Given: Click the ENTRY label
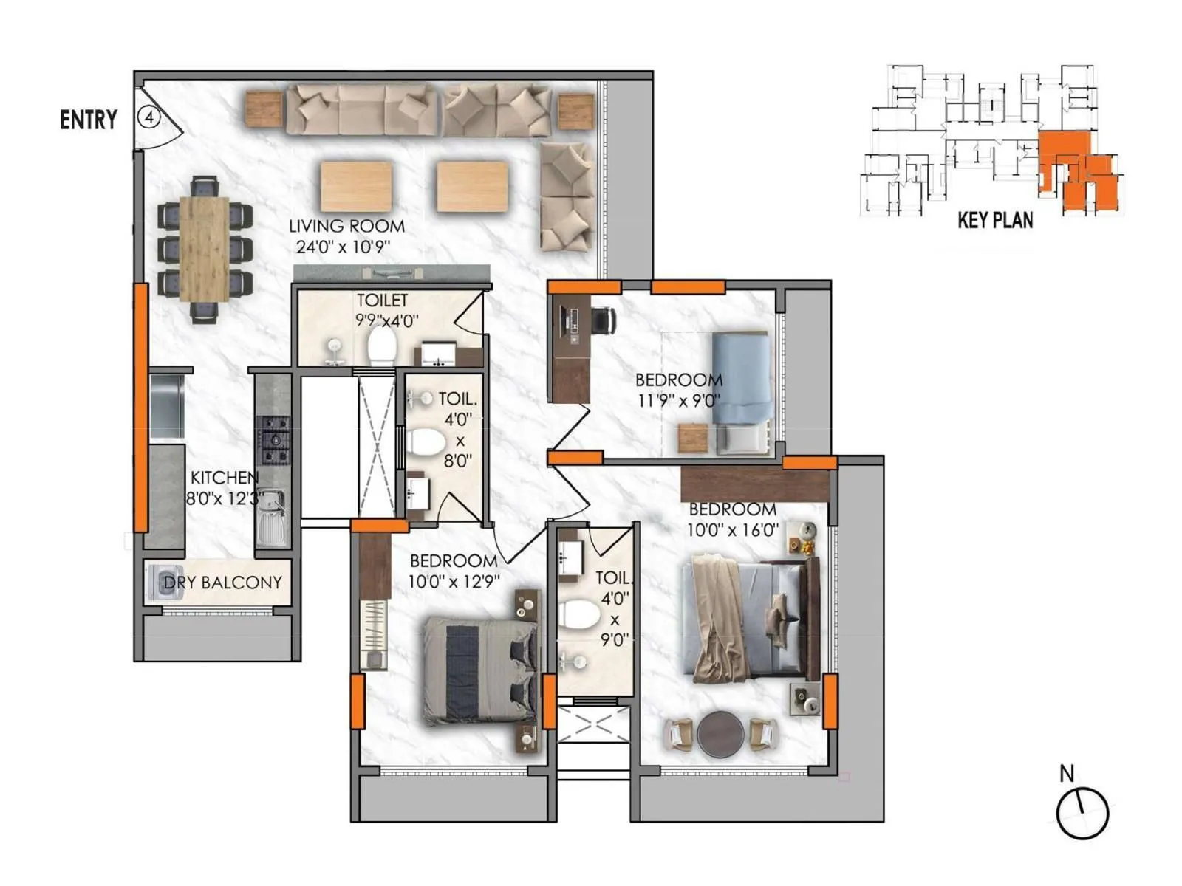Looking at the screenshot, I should (89, 120).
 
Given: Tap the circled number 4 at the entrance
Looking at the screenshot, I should (149, 117).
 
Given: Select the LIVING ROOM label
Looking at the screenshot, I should (346, 226).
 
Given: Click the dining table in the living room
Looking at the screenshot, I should (204, 249).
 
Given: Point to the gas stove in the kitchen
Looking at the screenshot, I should (273, 440).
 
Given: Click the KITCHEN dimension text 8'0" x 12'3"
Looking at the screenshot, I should (224, 498).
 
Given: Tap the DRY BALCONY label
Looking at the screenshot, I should (222, 583).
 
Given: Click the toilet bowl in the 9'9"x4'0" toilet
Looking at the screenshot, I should (382, 346).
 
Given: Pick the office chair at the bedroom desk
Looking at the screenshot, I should (604, 320).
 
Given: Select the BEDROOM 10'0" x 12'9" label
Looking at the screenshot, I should (454, 571).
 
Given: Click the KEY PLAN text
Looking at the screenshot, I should (994, 220).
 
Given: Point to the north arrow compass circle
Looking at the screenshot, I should (1082, 813).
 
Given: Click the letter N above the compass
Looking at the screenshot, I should (1066, 774).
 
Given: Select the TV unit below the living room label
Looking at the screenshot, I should (392, 273).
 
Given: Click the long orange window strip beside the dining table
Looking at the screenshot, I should (140, 407).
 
